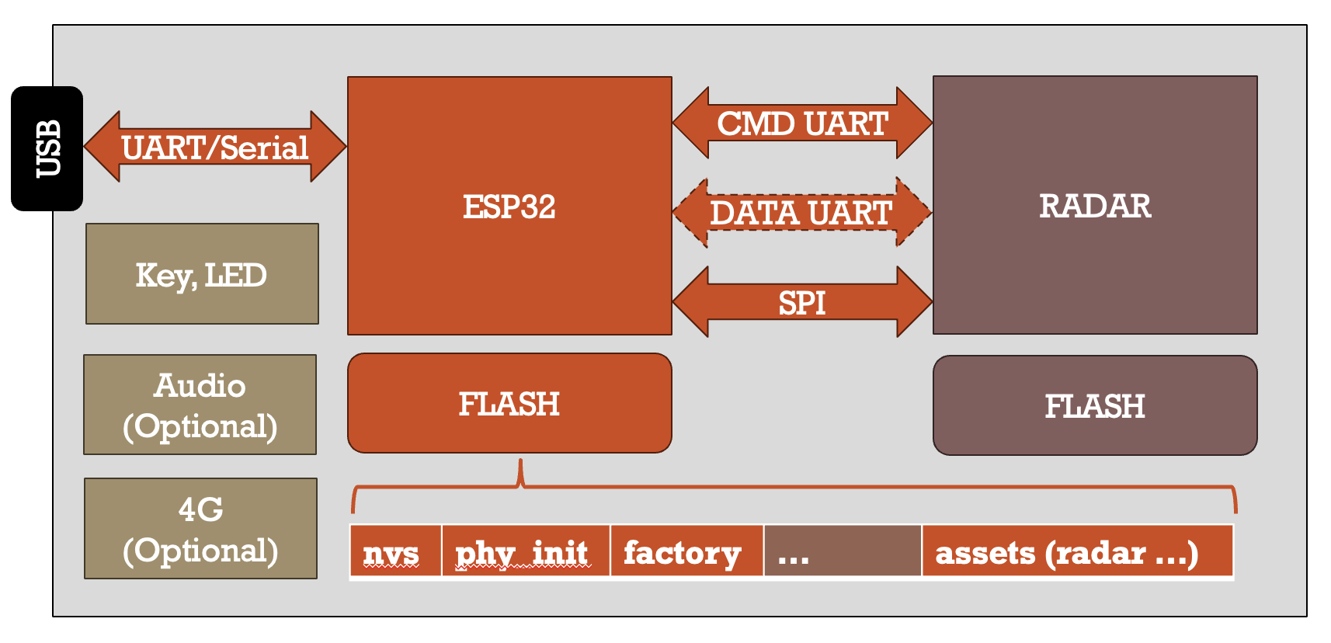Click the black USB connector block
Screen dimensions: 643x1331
tap(47, 148)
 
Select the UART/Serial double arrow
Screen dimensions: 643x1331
tap(214, 147)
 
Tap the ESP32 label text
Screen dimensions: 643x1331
tap(509, 207)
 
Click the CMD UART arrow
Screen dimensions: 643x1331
tap(802, 123)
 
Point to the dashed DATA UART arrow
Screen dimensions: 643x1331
tap(801, 212)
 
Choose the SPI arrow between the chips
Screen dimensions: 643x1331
tap(802, 302)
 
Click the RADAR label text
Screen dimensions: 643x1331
tap(1094, 206)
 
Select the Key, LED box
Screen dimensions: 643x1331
tap(202, 274)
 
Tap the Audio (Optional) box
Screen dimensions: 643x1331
tap(200, 405)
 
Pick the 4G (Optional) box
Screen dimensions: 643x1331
tap(200, 529)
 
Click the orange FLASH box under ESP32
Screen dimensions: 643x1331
tap(509, 404)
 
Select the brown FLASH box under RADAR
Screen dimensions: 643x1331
tap(1094, 406)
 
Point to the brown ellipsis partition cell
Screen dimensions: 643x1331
tap(843, 552)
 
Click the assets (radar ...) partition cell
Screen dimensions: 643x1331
tap(1077, 552)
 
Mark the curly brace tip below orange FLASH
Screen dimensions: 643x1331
tap(520, 464)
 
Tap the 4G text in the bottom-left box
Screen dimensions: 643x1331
tap(200, 509)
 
